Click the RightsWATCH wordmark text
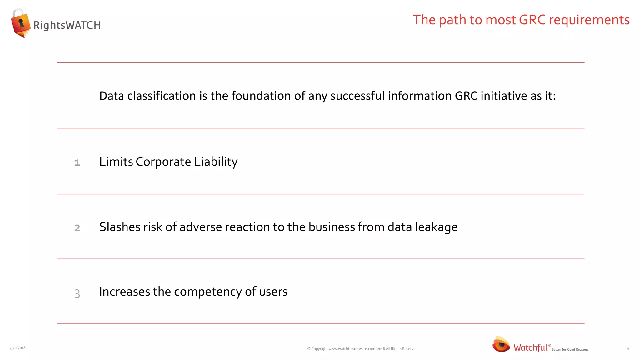(67, 25)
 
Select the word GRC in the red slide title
(532, 20)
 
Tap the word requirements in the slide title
(589, 20)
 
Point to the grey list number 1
(77, 163)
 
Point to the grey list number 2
(77, 228)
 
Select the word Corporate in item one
(163, 162)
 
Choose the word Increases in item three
(125, 292)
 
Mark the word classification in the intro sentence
(162, 96)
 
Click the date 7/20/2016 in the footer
(17, 348)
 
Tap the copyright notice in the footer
(362, 349)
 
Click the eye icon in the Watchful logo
(501, 344)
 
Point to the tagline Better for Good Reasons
(570, 349)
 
